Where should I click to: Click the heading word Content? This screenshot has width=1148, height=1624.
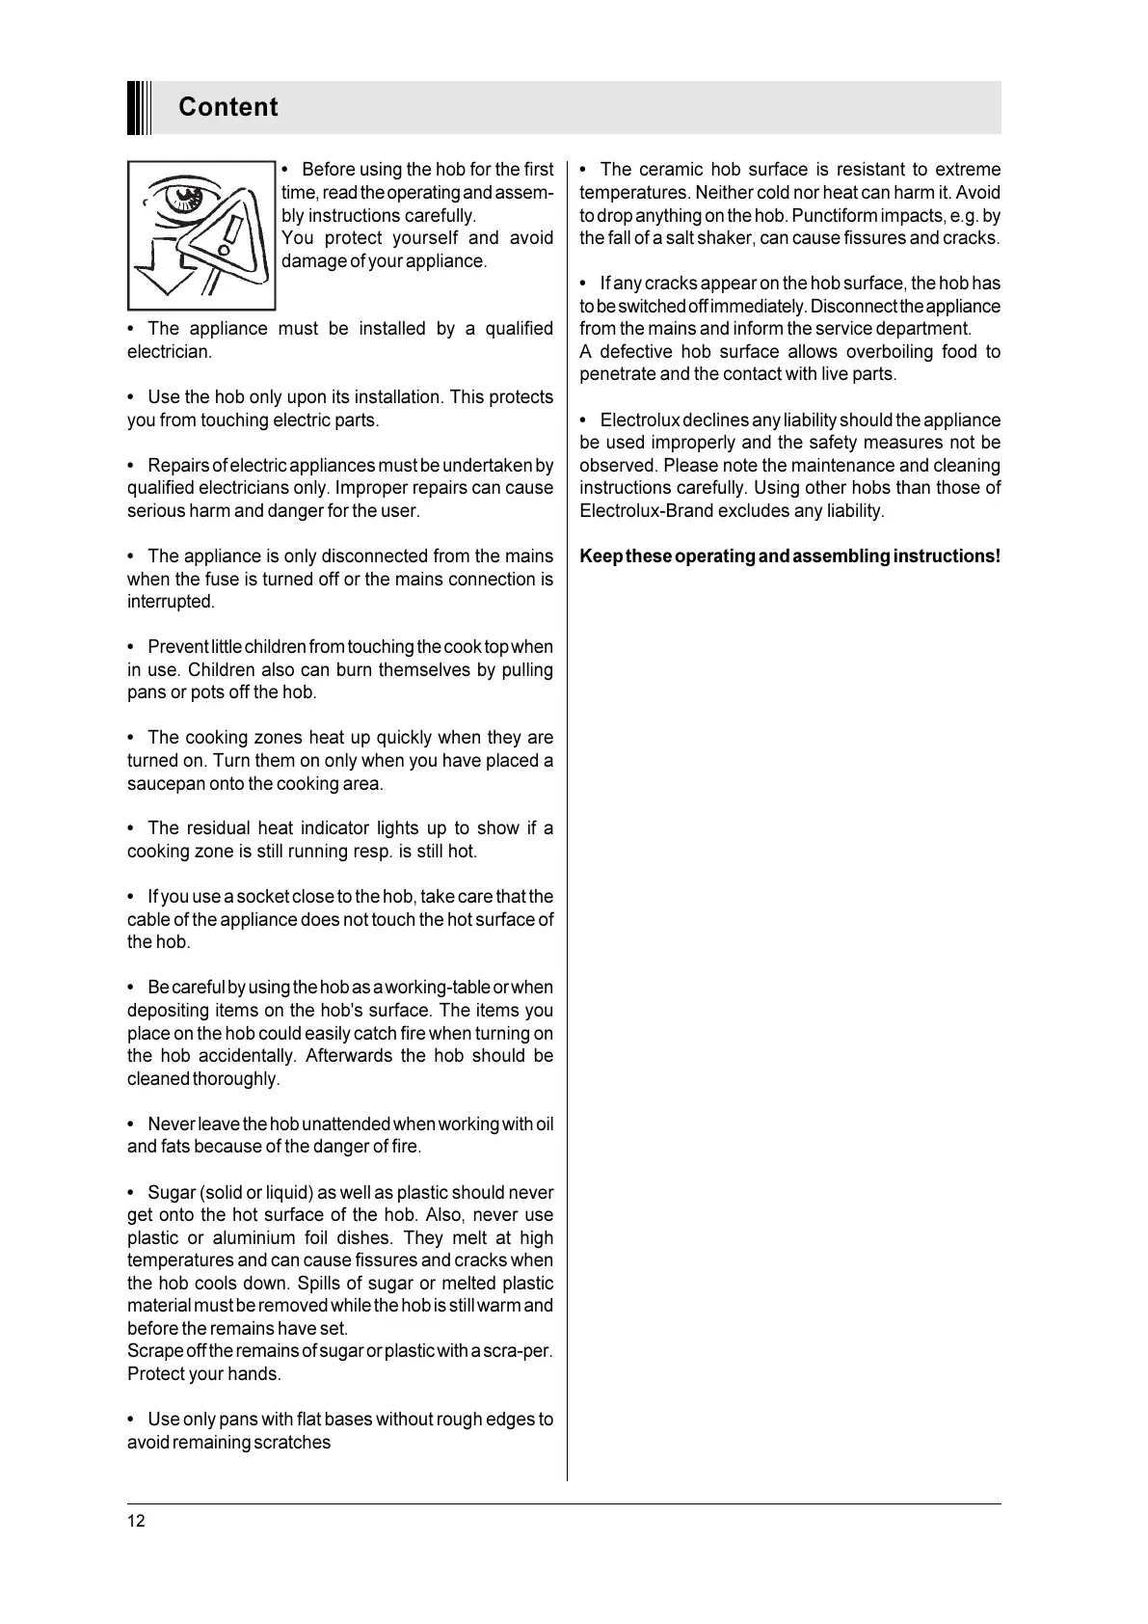[227, 107]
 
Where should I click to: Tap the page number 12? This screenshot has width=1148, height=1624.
[136, 1521]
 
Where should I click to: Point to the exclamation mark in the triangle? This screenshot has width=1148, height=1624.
[228, 235]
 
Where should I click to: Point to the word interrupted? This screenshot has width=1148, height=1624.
[170, 602]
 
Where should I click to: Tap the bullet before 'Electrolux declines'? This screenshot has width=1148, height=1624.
[584, 420]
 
